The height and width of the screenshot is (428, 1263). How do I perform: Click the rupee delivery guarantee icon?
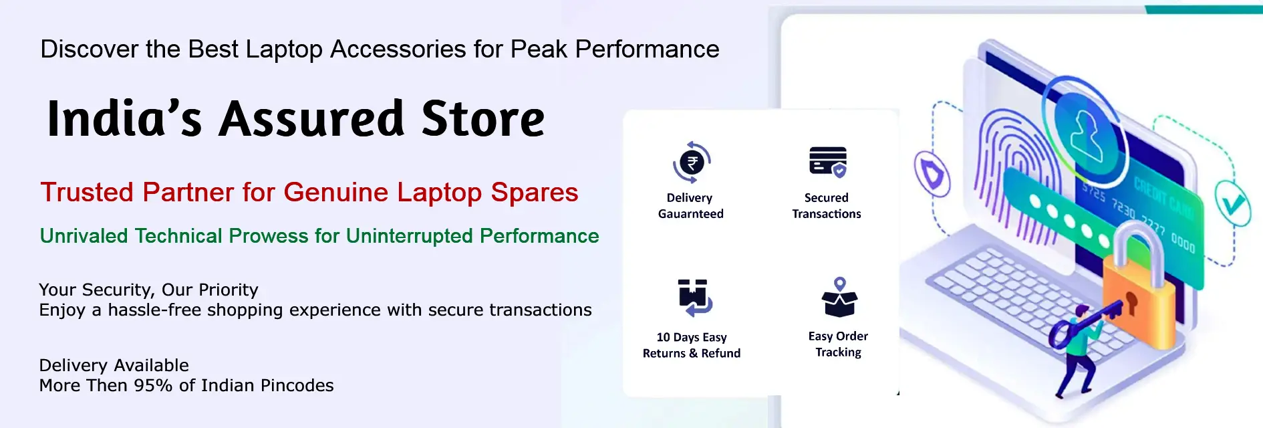(692, 163)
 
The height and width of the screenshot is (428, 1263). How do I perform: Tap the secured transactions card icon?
(828, 162)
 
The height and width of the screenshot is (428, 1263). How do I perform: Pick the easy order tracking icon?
(839, 297)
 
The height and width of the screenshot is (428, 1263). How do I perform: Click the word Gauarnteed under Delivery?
(691, 214)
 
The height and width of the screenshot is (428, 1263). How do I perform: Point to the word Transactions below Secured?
(827, 214)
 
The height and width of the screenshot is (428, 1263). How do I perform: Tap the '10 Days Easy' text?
(692, 338)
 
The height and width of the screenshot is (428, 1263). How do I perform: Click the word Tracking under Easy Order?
(839, 352)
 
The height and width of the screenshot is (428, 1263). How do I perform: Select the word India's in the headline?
(124, 119)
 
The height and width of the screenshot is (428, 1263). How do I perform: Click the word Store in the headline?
(483, 119)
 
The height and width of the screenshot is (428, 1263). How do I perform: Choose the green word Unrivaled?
(84, 236)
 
